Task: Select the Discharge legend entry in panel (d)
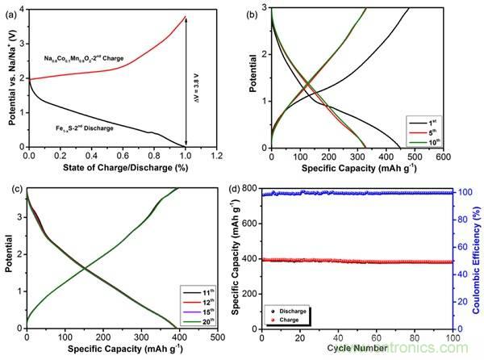pos(288,310)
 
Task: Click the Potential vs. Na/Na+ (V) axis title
pos(9,77)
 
